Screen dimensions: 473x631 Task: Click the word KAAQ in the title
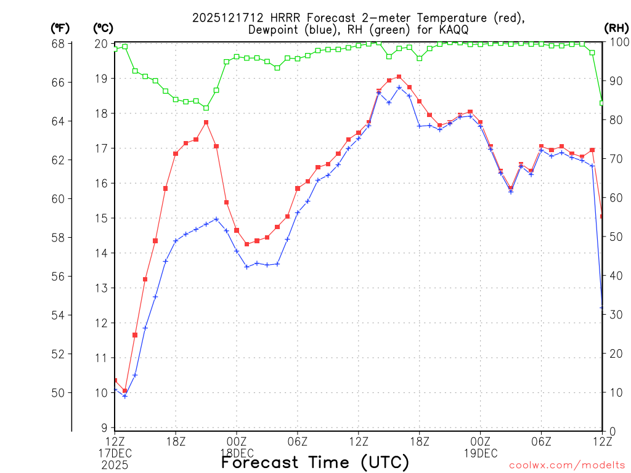pyautogui.click(x=460, y=30)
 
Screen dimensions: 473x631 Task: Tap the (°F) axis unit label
pyautogui.click(x=60, y=28)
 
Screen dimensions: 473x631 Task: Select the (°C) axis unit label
pyautogui.click(x=102, y=28)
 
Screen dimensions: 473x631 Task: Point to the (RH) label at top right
pyautogui.click(x=616, y=28)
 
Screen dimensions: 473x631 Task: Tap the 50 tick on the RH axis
pyautogui.click(x=616, y=236)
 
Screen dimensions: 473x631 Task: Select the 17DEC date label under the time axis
pyautogui.click(x=116, y=453)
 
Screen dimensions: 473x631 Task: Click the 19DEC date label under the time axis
pyautogui.click(x=480, y=453)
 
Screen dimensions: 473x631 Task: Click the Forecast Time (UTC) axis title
pyautogui.click(x=315, y=462)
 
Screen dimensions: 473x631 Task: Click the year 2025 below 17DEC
pyautogui.click(x=116, y=464)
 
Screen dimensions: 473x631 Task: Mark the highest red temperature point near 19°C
pyautogui.click(x=399, y=77)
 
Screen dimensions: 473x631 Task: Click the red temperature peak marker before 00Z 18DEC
pyautogui.click(x=206, y=123)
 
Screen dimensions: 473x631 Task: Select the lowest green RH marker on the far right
pyautogui.click(x=602, y=103)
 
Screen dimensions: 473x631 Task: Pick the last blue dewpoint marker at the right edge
pyautogui.click(x=602, y=307)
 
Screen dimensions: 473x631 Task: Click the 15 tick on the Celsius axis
pyautogui.click(x=102, y=218)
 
